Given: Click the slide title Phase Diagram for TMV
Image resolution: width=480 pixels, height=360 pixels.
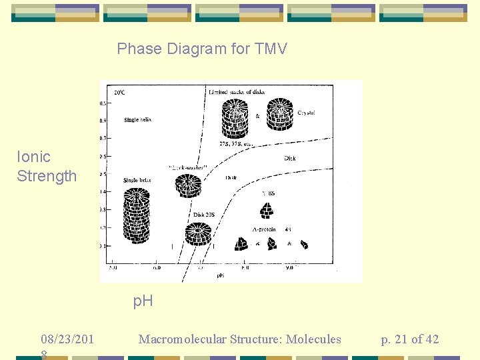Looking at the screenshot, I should (202, 49).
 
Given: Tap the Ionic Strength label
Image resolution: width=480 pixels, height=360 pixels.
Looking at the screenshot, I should (47, 166).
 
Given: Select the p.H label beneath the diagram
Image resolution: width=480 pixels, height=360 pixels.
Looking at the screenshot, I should (143, 301).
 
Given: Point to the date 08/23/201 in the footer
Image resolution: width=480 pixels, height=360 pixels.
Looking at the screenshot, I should (67, 340).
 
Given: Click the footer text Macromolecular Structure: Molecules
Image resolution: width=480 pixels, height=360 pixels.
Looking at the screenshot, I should (239, 339).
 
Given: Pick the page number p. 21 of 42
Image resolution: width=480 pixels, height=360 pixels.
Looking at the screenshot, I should (409, 339).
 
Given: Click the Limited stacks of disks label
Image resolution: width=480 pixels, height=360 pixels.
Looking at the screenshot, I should (236, 91).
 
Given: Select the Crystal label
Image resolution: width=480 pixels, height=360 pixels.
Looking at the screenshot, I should (306, 113).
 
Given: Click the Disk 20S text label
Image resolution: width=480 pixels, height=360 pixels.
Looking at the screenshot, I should (204, 214).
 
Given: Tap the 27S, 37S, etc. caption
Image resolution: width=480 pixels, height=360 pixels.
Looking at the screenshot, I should (236, 143).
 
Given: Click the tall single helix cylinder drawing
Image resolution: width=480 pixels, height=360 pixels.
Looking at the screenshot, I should (137, 216).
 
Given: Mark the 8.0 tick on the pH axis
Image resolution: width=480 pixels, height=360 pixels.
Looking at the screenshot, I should (245, 268).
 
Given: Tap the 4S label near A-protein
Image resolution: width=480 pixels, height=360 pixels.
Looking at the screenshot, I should (287, 229).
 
